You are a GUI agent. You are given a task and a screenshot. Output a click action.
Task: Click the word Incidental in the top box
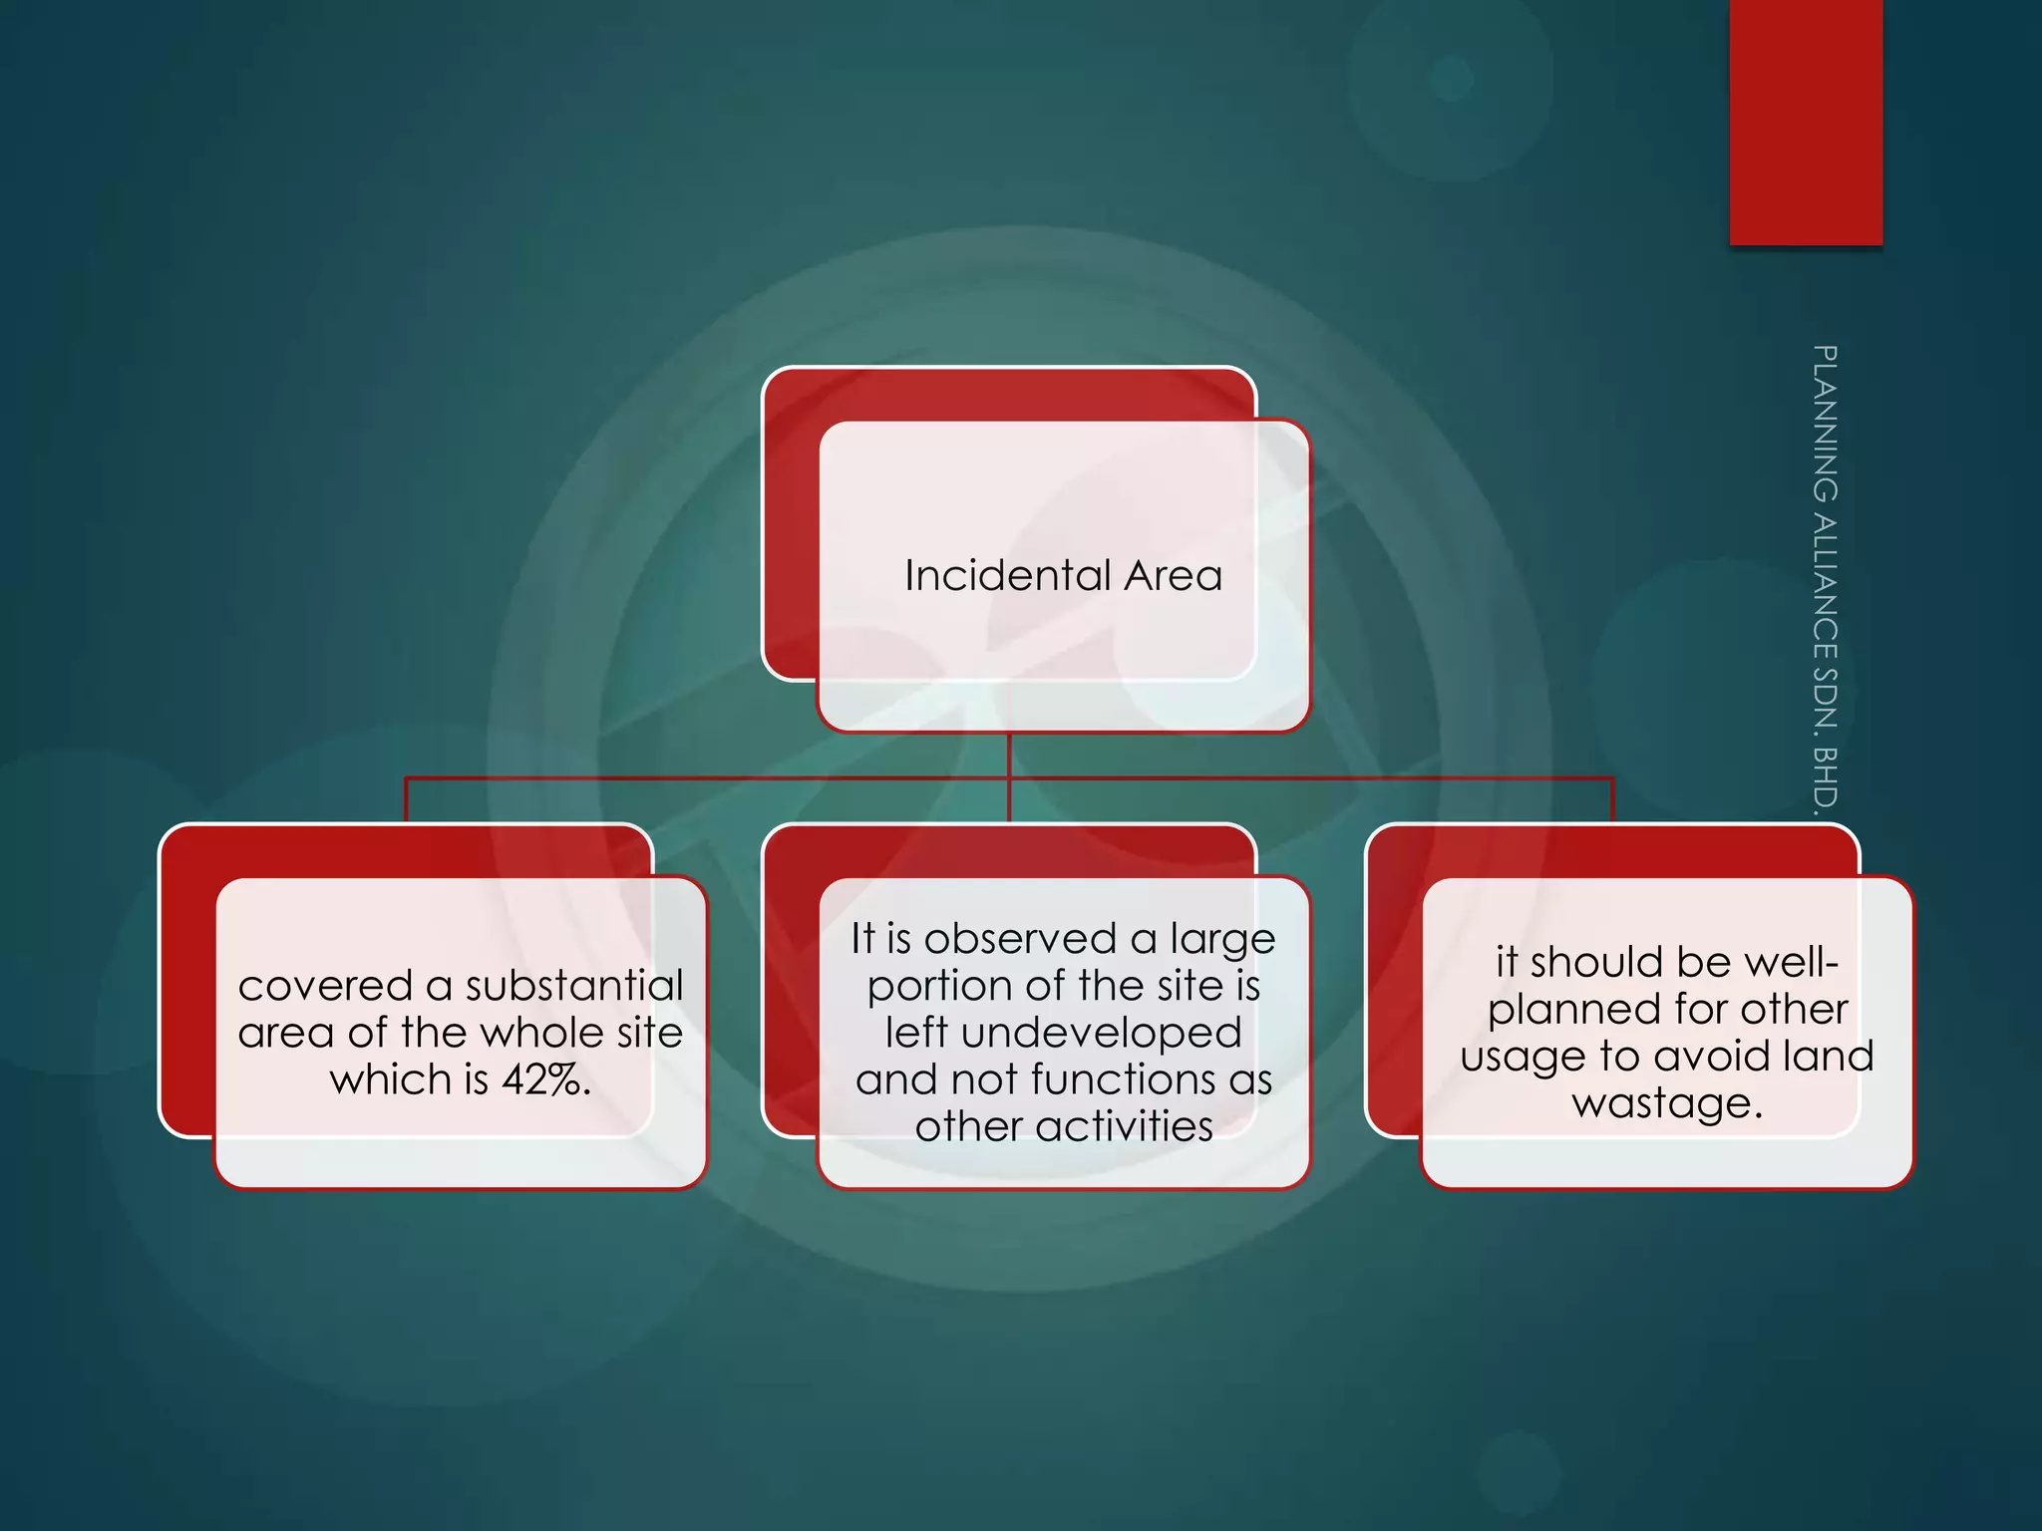[1007, 576]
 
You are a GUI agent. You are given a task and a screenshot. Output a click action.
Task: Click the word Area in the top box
[1174, 576]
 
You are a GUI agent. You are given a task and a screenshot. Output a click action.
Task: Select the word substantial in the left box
[574, 987]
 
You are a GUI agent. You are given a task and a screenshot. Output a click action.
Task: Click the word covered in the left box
[325, 987]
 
